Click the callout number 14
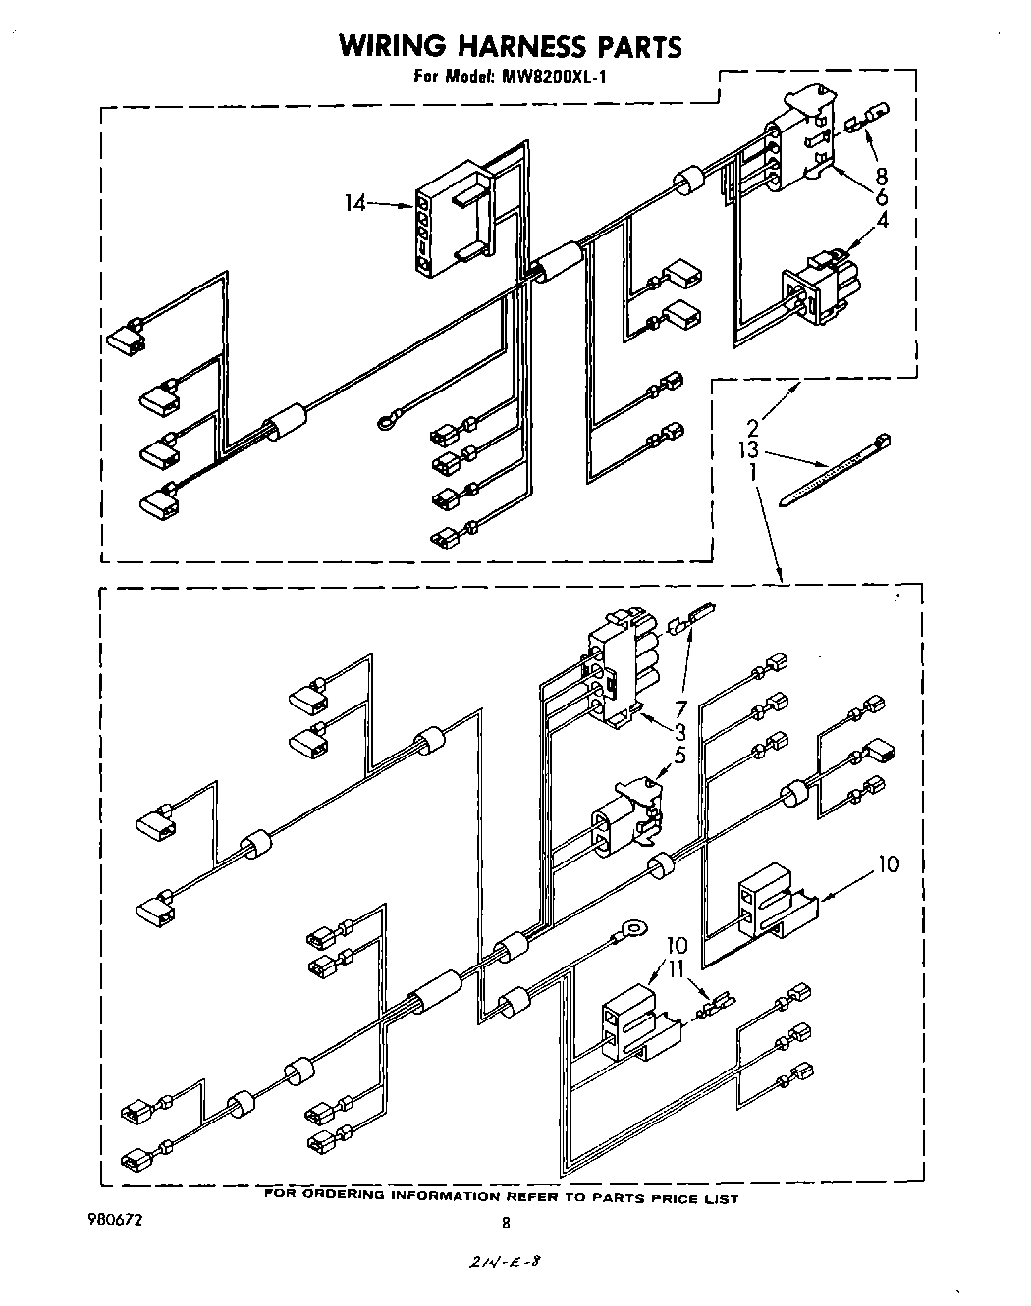(x=354, y=203)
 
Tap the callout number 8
(x=881, y=176)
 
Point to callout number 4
(x=882, y=220)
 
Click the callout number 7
(x=679, y=708)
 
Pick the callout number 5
(x=679, y=756)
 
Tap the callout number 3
(x=679, y=732)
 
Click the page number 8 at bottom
(x=506, y=1223)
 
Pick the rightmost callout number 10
(x=887, y=863)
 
